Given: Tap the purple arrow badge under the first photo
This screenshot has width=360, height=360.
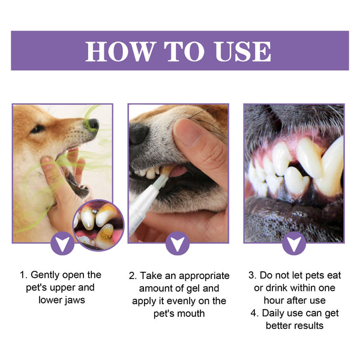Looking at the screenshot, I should [62, 244].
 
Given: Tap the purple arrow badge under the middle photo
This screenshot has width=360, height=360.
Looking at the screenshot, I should [178, 244].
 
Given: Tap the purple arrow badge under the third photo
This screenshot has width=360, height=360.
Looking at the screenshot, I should [293, 244].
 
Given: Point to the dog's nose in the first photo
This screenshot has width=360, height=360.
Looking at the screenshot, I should [92, 125].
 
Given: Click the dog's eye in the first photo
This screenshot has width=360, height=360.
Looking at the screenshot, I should [37, 128].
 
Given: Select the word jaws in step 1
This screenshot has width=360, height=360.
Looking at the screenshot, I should [72, 300].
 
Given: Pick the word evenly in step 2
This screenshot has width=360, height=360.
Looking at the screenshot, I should [179, 301].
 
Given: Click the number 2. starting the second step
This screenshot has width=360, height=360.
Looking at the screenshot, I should [133, 275].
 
